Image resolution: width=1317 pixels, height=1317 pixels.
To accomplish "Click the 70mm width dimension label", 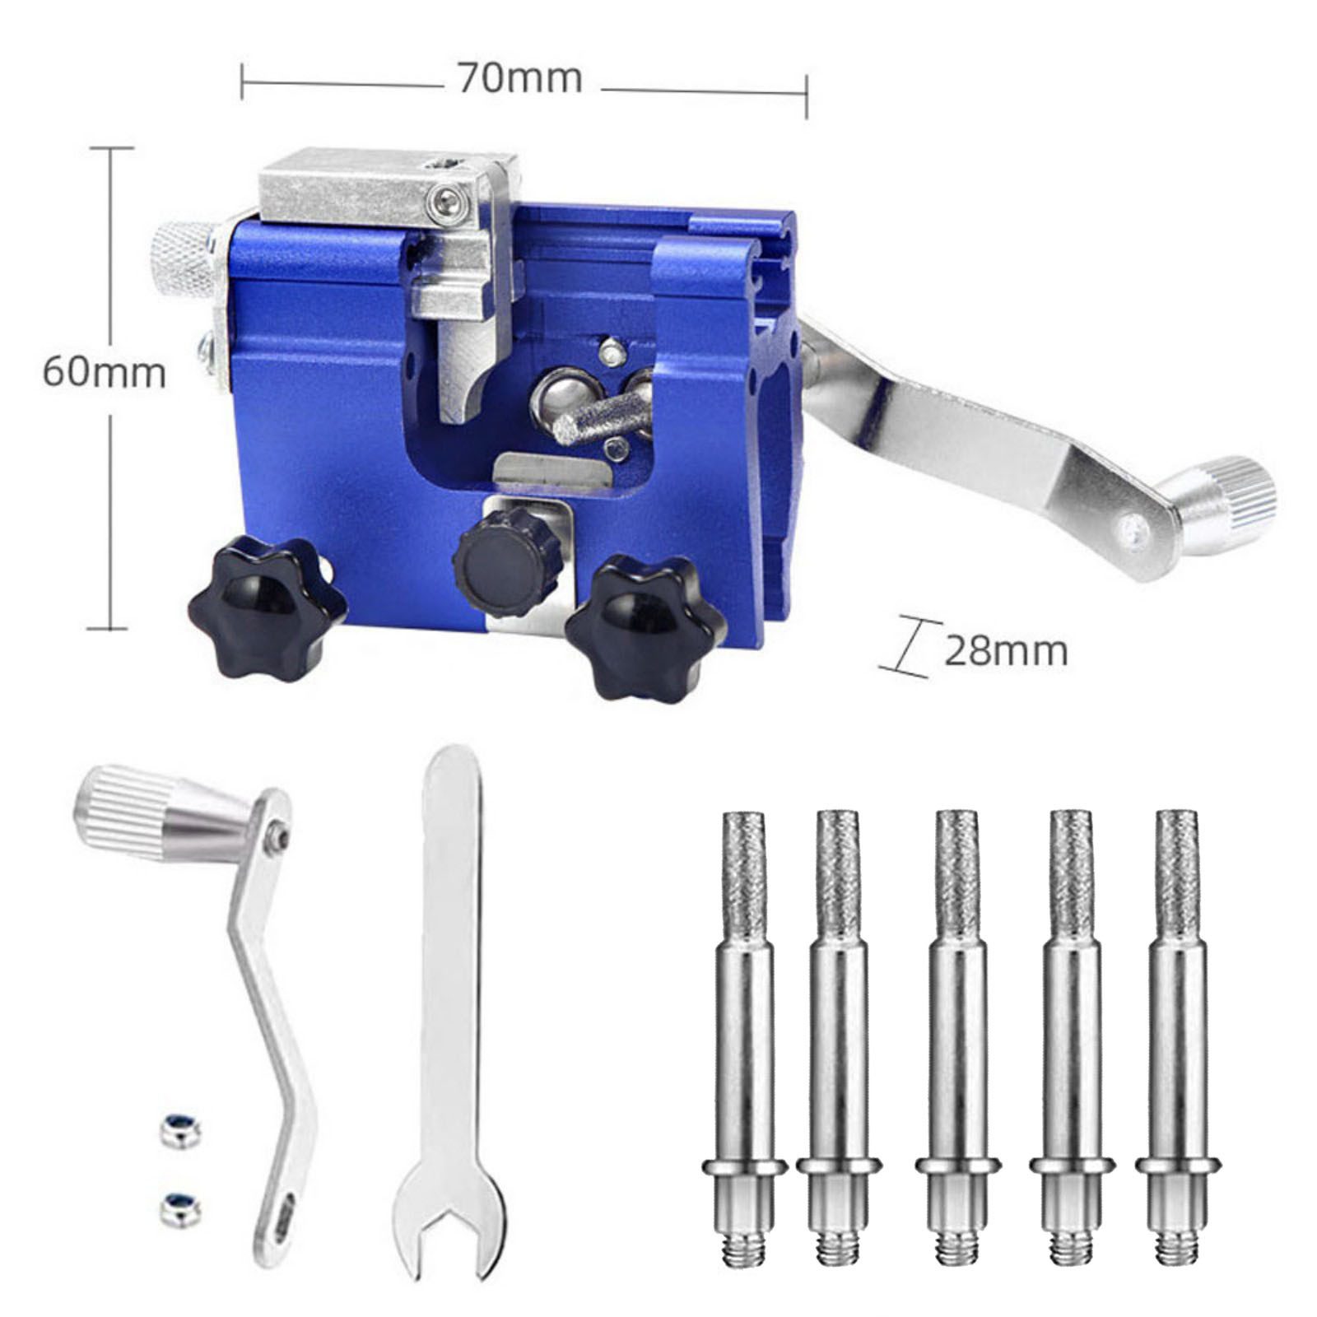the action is click(520, 80).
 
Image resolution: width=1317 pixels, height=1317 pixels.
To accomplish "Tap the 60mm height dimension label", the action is click(104, 373).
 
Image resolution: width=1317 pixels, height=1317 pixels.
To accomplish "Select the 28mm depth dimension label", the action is click(1005, 652).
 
